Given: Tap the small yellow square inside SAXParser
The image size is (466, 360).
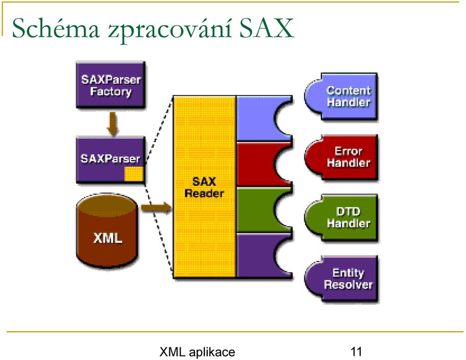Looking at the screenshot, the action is [x=134, y=174].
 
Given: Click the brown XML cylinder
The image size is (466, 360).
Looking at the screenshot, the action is [x=107, y=231].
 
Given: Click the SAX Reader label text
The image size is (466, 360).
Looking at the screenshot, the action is [x=204, y=187].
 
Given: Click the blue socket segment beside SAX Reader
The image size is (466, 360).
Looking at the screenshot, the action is [x=256, y=118].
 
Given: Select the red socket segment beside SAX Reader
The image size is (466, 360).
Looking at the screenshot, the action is [x=256, y=164].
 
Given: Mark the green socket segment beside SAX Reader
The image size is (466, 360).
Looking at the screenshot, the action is [x=256, y=210].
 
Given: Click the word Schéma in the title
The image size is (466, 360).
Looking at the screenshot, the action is [x=56, y=28].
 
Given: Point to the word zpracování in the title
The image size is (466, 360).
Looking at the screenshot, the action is [x=169, y=30].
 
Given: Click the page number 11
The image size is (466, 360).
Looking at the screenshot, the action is [x=356, y=352].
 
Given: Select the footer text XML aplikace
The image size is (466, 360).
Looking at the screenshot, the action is [x=198, y=352].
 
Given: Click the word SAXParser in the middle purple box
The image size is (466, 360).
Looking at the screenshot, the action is [x=110, y=159].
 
